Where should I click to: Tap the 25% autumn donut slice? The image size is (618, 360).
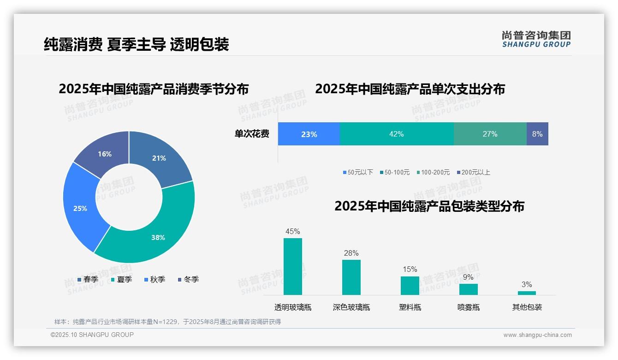81,208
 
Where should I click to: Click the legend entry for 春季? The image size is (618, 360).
88,279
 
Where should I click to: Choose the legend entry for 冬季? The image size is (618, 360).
188,279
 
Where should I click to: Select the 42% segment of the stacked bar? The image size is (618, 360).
397,134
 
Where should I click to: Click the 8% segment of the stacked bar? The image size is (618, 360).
537,134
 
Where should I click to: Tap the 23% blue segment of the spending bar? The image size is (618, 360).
309,134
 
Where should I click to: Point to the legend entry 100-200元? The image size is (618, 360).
433,172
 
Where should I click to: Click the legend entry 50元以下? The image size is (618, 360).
358,172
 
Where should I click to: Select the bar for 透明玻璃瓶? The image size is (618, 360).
293,266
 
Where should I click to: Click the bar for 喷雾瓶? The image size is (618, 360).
468,289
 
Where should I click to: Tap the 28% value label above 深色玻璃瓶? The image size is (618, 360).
351,253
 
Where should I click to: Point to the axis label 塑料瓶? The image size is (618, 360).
410,307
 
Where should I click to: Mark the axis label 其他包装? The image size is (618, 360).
527,307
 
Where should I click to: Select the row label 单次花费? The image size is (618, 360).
252,134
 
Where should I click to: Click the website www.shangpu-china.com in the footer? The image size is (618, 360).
537,335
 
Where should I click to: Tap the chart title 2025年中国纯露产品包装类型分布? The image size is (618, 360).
429,206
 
